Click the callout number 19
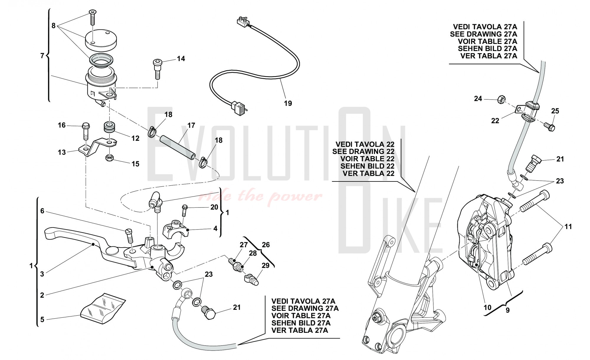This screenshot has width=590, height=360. tap(288, 103)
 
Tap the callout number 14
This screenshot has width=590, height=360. tap(181, 59)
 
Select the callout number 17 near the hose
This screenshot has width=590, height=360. tap(191, 125)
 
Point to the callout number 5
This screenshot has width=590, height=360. tap(42, 319)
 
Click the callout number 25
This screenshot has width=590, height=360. tap(555, 111)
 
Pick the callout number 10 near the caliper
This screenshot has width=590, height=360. tap(487, 307)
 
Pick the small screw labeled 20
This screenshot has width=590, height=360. tap(185, 209)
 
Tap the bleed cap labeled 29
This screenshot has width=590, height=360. tap(252, 279)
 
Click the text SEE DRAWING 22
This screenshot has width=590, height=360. tap(363, 151)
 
